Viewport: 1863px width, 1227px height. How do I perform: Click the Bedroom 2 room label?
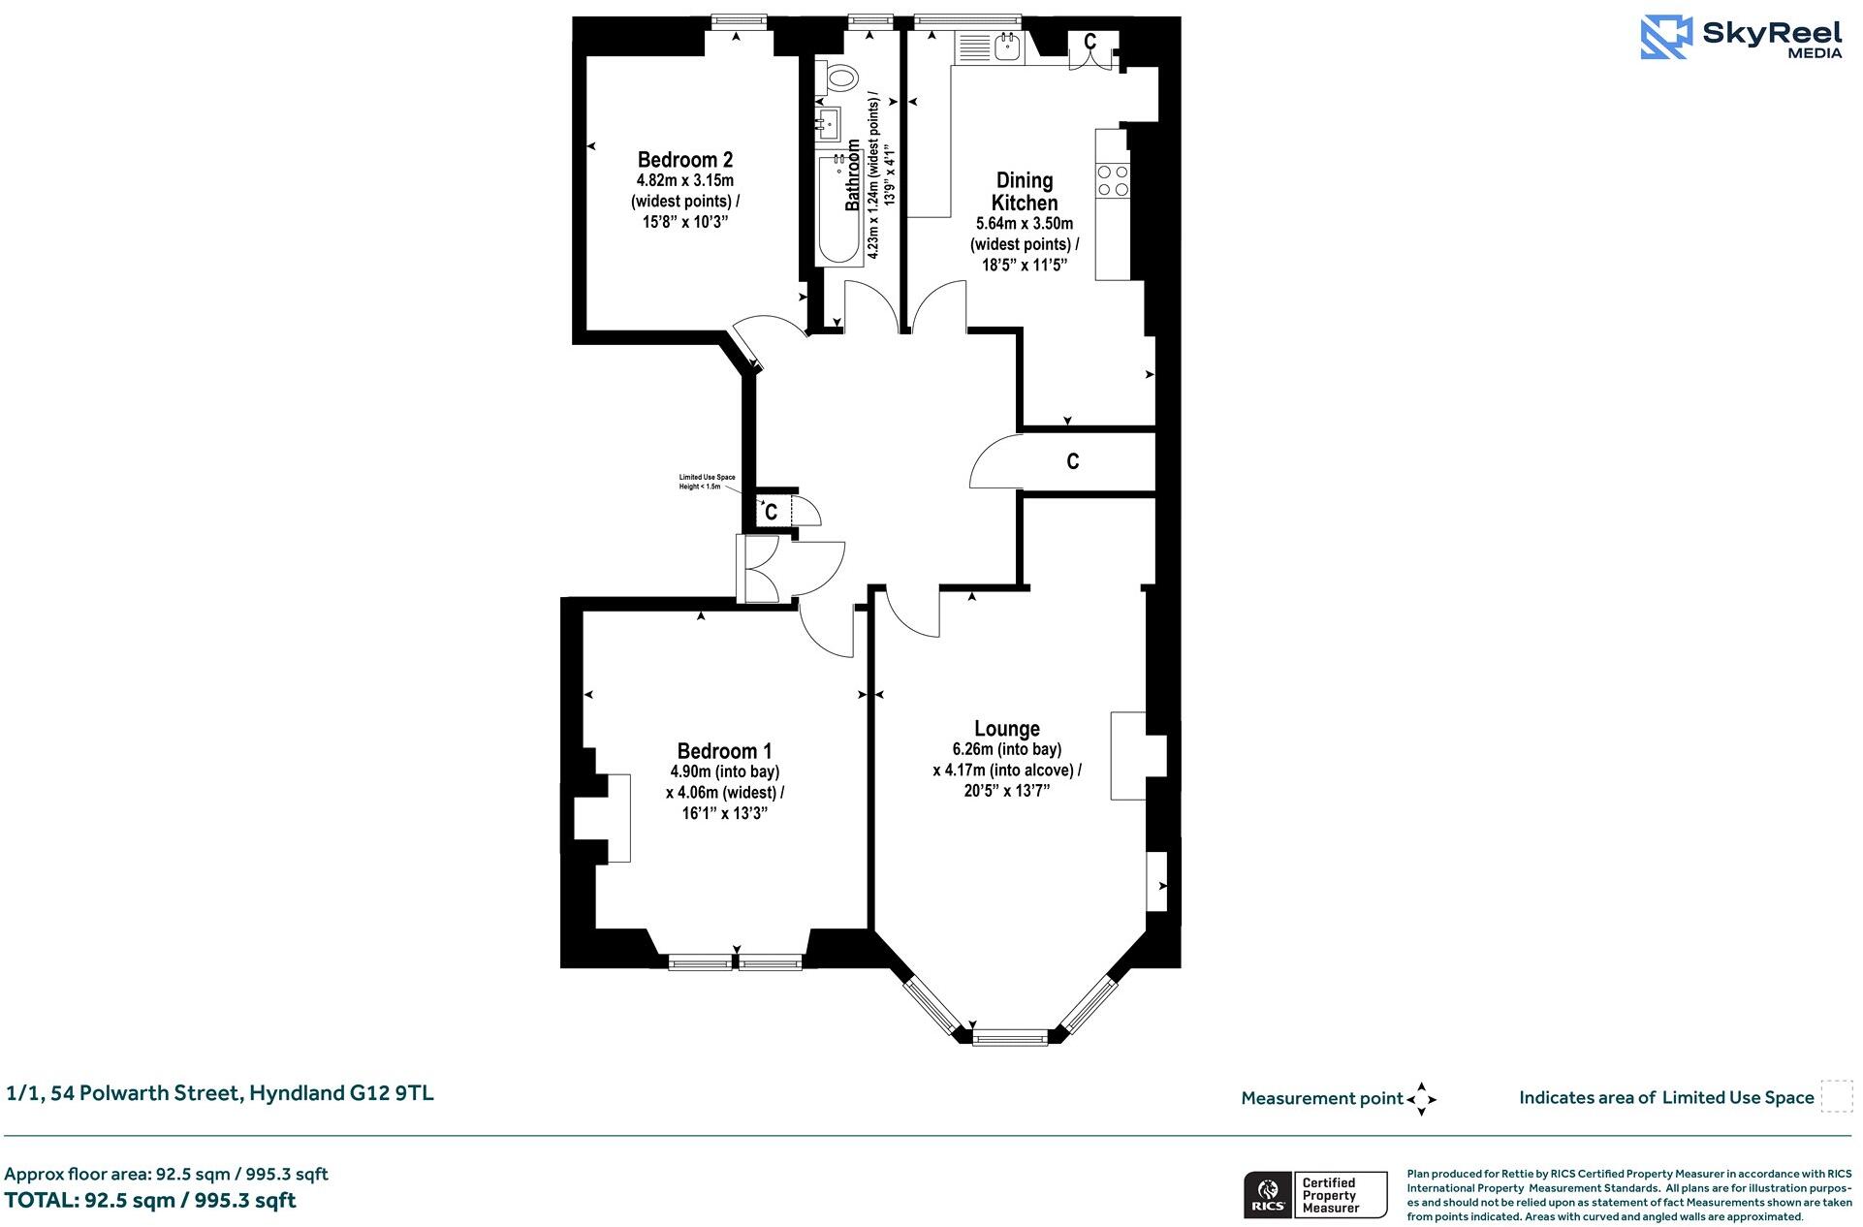[x=684, y=160]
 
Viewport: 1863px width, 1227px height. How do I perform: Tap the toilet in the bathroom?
[x=838, y=76]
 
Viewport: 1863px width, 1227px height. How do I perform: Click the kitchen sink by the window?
[x=1007, y=45]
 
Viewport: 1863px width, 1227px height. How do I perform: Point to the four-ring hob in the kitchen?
[x=1112, y=179]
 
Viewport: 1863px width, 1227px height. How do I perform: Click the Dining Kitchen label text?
[x=1025, y=192]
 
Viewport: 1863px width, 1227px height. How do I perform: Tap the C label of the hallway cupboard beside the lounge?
[x=1072, y=461]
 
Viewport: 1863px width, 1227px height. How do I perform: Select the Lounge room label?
[x=1007, y=728]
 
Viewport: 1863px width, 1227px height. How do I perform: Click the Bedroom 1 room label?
[x=724, y=751]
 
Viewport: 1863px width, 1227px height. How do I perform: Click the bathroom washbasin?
[x=828, y=123]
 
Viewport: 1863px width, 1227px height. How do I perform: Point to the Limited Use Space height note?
[x=707, y=482]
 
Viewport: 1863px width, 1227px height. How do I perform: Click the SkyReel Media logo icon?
[x=1665, y=38]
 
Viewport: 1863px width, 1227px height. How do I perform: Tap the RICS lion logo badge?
[x=1266, y=1194]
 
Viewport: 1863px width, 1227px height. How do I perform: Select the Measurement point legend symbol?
[x=1421, y=1099]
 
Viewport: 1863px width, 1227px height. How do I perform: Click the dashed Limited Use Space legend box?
[x=1836, y=1096]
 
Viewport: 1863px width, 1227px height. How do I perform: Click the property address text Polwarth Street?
[x=220, y=1093]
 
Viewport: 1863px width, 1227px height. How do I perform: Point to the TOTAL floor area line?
[x=150, y=1200]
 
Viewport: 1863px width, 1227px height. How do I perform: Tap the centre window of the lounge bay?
[x=1010, y=1038]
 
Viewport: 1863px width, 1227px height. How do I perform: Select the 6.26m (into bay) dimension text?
[x=1006, y=749]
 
